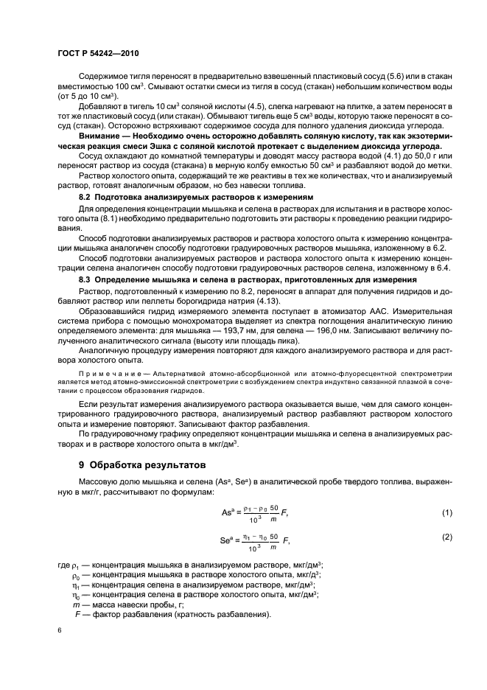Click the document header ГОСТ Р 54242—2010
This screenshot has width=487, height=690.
click(97, 54)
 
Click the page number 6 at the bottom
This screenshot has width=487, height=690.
click(60, 632)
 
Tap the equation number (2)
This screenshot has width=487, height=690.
click(446, 537)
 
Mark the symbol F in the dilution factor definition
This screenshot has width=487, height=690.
click(77, 614)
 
